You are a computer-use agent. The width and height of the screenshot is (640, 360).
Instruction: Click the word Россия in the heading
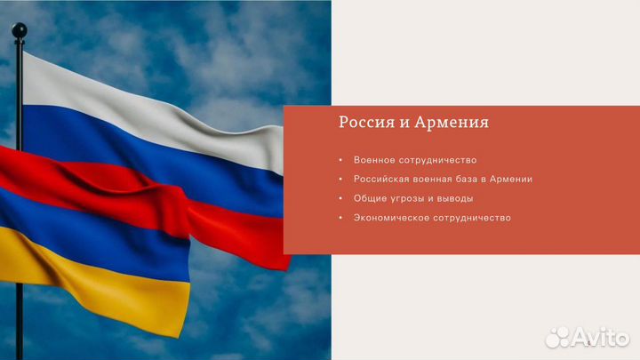361,122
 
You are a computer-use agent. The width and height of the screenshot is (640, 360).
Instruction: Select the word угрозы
409,198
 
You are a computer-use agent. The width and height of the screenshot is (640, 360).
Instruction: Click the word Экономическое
394,218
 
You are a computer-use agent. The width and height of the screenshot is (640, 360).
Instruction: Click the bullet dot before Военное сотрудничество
340,160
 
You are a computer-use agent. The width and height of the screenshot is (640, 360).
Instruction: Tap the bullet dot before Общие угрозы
340,198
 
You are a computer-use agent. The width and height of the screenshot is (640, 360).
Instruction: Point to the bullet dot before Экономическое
340,218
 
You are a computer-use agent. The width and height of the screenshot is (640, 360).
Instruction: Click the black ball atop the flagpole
20,31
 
